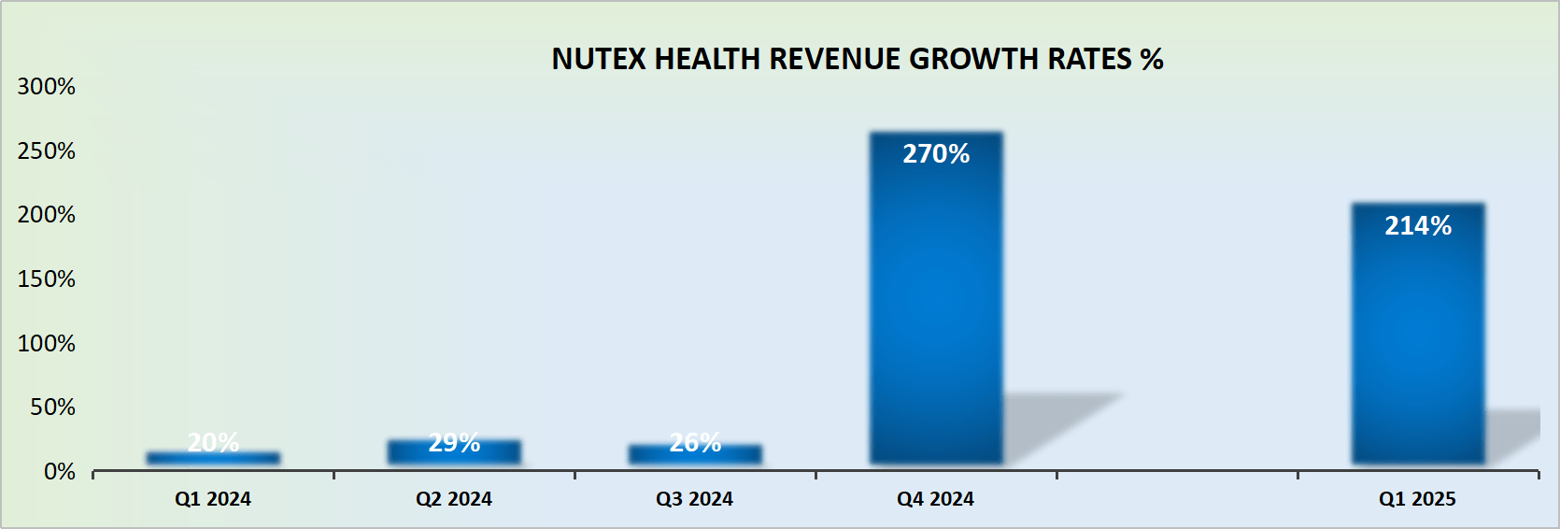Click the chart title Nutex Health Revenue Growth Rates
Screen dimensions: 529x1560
tap(857, 59)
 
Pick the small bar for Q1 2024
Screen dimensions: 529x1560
tap(213, 458)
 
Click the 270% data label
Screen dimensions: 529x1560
tap(936, 154)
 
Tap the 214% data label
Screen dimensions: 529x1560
tap(1417, 226)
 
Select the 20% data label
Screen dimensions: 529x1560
tap(213, 441)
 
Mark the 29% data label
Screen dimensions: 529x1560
tap(454, 442)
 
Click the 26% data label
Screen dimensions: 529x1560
tap(695, 442)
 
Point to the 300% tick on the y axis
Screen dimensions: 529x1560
tap(47, 87)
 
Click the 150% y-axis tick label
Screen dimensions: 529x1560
tap(47, 279)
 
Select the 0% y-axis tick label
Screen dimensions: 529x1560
tap(60, 472)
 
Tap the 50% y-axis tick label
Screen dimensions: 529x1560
tap(52, 407)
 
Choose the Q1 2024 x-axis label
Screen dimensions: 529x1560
tap(213, 499)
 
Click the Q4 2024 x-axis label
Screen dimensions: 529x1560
tap(935, 499)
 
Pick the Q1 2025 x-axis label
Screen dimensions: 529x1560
tap(1417, 499)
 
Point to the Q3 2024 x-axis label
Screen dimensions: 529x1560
tap(694, 499)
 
